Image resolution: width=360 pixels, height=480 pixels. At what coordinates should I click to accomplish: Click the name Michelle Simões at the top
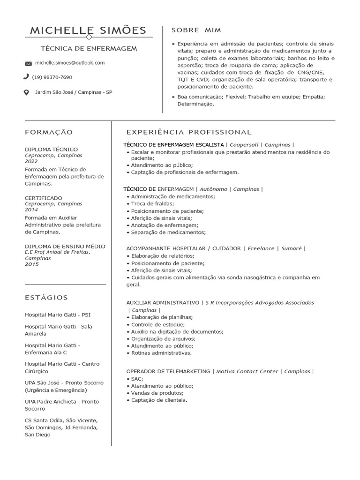click(x=88, y=30)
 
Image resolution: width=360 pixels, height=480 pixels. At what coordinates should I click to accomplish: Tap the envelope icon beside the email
click(x=28, y=63)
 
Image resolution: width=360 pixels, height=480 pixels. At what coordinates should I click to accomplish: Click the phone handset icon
click(x=26, y=77)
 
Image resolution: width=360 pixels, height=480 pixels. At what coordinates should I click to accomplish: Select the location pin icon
click(x=26, y=92)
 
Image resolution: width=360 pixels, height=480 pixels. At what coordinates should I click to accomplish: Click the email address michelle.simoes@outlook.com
click(x=70, y=63)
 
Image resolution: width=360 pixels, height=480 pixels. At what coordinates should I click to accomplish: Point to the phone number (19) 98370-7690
click(x=52, y=77)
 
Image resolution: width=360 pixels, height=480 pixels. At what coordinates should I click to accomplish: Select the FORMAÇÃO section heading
click(x=49, y=133)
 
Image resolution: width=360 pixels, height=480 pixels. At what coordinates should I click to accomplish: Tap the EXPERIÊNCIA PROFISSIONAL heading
click(x=189, y=133)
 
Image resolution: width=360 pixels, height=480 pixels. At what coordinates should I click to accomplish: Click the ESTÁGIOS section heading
click(x=46, y=298)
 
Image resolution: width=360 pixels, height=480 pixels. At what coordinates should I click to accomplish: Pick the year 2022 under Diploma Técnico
click(x=31, y=161)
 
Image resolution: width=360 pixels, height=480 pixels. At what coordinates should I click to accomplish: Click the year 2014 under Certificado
click(x=31, y=210)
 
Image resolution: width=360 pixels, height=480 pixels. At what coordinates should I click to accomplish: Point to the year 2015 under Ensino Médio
click(x=32, y=264)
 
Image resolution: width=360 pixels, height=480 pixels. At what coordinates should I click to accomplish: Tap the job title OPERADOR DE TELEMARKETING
click(x=168, y=371)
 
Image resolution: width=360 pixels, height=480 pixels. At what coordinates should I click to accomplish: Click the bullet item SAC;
click(x=137, y=379)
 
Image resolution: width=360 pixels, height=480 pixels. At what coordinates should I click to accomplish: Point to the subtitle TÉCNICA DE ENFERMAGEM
click(x=89, y=49)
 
